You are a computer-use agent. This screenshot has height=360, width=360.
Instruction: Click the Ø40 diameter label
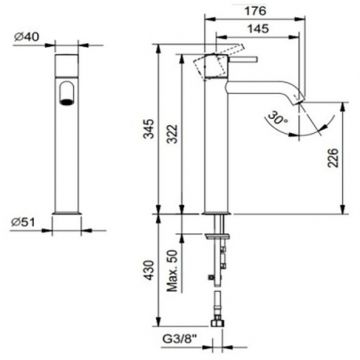click(x=27, y=37)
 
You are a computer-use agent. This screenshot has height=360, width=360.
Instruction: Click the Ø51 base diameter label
click(x=23, y=222)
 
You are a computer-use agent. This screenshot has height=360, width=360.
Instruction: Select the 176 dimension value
click(x=255, y=11)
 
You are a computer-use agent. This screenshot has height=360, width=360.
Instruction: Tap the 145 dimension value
click(x=258, y=29)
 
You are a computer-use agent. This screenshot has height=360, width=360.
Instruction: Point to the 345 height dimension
click(x=146, y=129)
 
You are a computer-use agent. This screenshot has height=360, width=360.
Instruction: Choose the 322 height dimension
click(x=172, y=134)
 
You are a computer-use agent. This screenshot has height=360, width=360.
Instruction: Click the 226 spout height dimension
click(x=333, y=158)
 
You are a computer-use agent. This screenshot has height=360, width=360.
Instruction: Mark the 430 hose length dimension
click(x=149, y=270)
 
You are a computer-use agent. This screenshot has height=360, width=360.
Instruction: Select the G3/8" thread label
click(x=180, y=341)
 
